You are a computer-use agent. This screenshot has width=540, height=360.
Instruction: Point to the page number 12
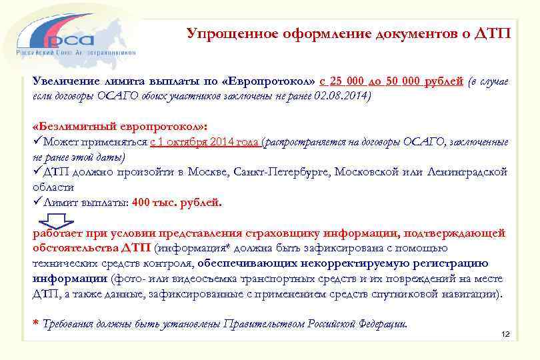tap(505, 333)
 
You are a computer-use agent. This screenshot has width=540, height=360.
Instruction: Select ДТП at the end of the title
tap(493, 33)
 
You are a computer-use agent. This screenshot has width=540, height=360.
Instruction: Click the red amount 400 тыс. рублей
tap(177, 203)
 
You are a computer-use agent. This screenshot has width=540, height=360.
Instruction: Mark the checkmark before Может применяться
tap(37, 141)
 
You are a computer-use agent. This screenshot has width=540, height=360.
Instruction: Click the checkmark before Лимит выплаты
tap(37, 203)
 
